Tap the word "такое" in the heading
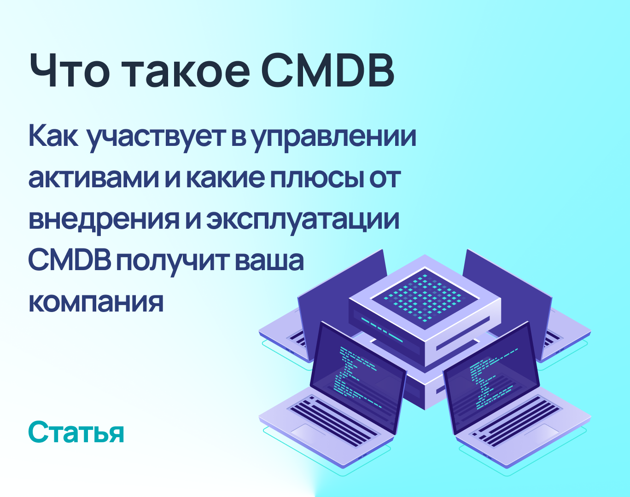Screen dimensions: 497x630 pyautogui.click(x=187, y=71)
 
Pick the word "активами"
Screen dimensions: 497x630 pyautogui.click(x=93, y=178)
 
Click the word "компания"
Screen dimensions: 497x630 pyautogui.click(x=96, y=301)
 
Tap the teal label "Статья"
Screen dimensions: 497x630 pyautogui.click(x=76, y=432)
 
